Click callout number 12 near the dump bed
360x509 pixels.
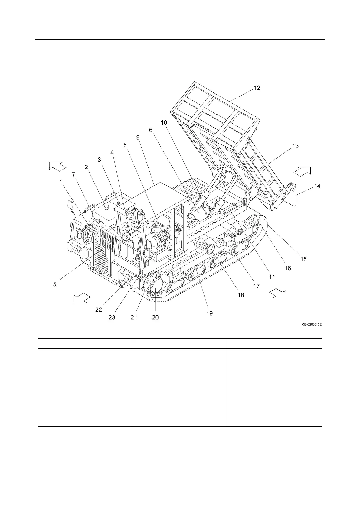pyautogui.click(x=257, y=88)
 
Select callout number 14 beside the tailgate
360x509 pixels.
pyautogui.click(x=317, y=186)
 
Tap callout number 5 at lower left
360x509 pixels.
pyautogui.click(x=54, y=284)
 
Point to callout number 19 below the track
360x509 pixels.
pyautogui.click(x=209, y=313)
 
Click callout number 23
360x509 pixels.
pyautogui.click(x=112, y=317)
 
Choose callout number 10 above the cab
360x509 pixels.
pyautogui.click(x=164, y=122)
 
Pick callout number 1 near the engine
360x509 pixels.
pyautogui.click(x=61, y=182)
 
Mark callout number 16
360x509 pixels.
pyautogui.click(x=288, y=268)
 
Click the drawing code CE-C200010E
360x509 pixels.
pyautogui.click(x=311, y=325)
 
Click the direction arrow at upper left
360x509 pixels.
pyautogui.click(x=57, y=166)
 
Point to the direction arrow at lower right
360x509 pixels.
pyautogui.click(x=278, y=293)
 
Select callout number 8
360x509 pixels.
pyautogui.click(x=125, y=145)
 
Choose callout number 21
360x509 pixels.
pyautogui.click(x=134, y=317)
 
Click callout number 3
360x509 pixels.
pyautogui.click(x=99, y=160)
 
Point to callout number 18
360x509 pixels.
pyautogui.click(x=241, y=295)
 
